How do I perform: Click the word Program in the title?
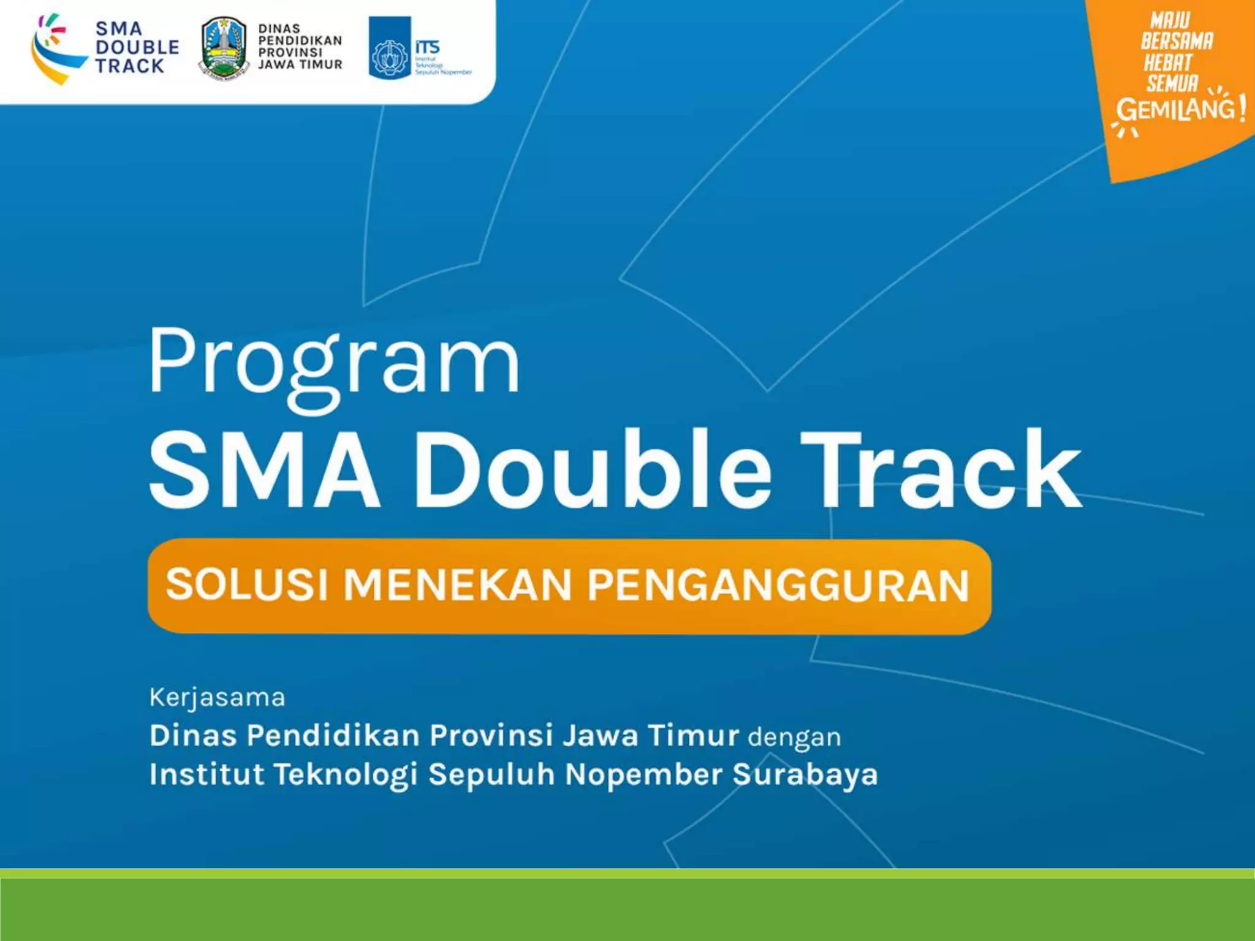(334, 363)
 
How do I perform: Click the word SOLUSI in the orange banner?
(247, 584)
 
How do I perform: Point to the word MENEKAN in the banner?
(458, 586)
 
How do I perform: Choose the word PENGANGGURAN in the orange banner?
(778, 586)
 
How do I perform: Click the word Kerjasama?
(218, 697)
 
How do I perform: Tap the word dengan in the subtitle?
(794, 736)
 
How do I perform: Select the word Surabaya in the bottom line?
(805, 774)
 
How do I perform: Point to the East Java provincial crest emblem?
(224, 49)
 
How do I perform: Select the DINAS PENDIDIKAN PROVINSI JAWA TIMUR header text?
(300, 47)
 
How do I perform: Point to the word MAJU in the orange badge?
(1170, 20)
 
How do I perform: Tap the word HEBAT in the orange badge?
(1168, 62)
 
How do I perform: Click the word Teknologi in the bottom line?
(346, 774)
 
